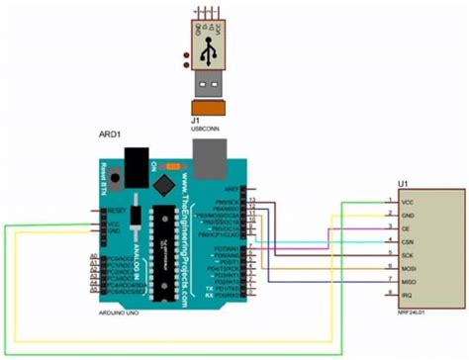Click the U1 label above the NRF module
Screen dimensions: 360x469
point(402,184)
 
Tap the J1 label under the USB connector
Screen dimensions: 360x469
point(195,119)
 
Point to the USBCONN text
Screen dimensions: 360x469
point(206,127)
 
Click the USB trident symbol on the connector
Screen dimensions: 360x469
point(208,55)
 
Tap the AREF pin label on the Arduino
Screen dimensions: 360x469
point(234,188)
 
